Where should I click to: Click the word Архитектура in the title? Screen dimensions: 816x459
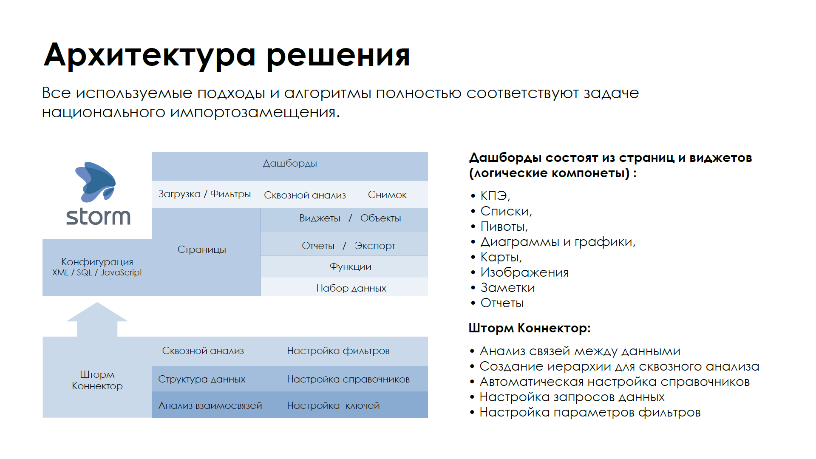coord(150,55)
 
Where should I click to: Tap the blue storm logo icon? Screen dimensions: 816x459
coord(96,182)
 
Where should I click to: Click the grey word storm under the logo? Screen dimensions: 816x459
coord(98,217)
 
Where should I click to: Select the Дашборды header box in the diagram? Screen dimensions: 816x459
coord(290,166)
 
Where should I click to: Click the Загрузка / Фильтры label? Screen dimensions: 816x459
coord(204,194)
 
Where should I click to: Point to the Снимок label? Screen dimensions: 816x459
coord(387,195)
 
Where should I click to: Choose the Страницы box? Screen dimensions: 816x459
coord(206,252)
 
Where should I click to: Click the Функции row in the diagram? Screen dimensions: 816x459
coord(344,266)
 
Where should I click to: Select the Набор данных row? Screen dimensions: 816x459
coord(344,287)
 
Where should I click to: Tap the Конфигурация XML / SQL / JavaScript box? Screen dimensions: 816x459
coord(97,267)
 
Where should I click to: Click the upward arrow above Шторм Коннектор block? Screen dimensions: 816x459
coord(97,319)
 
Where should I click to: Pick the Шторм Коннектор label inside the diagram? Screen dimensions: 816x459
coord(97,380)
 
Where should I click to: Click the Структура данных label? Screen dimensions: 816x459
coord(202,380)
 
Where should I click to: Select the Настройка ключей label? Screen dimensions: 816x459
coord(333,406)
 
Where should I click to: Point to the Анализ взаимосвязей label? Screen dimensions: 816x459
coord(210,406)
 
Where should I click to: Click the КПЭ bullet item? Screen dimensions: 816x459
coord(491,196)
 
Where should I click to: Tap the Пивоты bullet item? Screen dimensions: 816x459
coord(500,227)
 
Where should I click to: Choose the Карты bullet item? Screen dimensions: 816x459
coord(497,257)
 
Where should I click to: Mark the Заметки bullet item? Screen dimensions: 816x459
coord(503,288)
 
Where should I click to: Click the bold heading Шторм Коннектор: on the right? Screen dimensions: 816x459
coord(530,328)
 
